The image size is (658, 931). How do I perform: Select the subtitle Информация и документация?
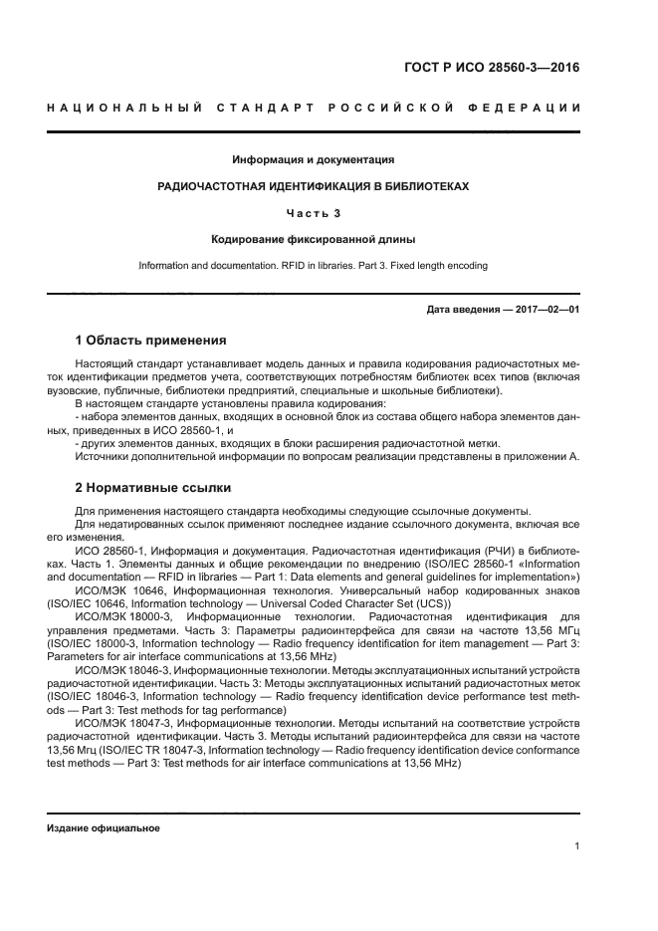coord(314,159)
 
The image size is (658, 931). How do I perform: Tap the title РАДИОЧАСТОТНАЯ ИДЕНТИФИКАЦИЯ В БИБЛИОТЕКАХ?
coord(314,186)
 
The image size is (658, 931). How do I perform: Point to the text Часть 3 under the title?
coord(314,212)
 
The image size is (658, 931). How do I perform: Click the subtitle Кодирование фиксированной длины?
coord(314,239)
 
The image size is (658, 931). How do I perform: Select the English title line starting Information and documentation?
coord(314,266)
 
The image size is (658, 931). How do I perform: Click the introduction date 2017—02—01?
coord(547,310)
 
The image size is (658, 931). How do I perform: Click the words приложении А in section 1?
coord(540,456)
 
